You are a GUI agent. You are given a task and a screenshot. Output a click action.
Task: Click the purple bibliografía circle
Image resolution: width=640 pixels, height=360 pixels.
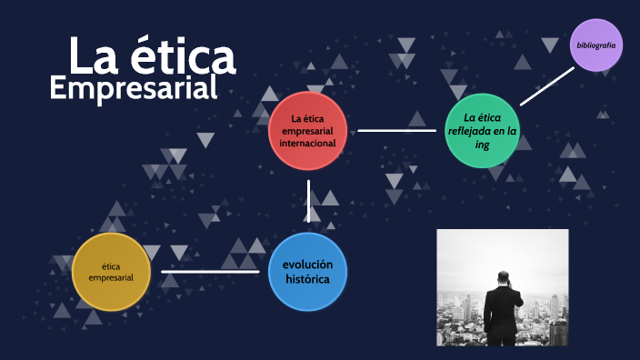click(x=596, y=45)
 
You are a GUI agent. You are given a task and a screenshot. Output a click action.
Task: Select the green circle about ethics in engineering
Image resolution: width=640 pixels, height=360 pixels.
click(x=483, y=131)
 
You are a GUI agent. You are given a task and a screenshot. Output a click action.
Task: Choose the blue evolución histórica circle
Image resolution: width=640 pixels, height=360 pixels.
click(x=308, y=271)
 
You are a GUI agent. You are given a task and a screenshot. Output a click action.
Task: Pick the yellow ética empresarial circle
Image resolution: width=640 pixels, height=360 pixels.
click(x=111, y=271)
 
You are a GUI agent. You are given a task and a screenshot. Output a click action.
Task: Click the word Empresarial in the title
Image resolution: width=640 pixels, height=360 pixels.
click(x=134, y=88)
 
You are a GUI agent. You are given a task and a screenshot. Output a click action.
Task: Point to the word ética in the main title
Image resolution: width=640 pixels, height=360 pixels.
click(x=182, y=57)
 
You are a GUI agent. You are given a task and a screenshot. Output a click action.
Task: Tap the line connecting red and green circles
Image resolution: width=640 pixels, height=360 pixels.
click(x=396, y=130)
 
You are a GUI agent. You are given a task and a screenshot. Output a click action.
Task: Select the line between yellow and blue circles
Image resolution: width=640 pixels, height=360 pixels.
click(x=209, y=271)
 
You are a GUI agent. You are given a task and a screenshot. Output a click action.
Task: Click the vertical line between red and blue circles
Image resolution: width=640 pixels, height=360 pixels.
click(x=309, y=201)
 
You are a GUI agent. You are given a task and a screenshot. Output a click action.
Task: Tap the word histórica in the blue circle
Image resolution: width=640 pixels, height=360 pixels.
click(x=307, y=279)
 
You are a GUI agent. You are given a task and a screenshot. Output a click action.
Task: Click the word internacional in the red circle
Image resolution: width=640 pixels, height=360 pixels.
click(x=308, y=143)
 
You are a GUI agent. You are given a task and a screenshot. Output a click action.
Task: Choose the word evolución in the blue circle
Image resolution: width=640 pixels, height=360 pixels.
click(x=307, y=264)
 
